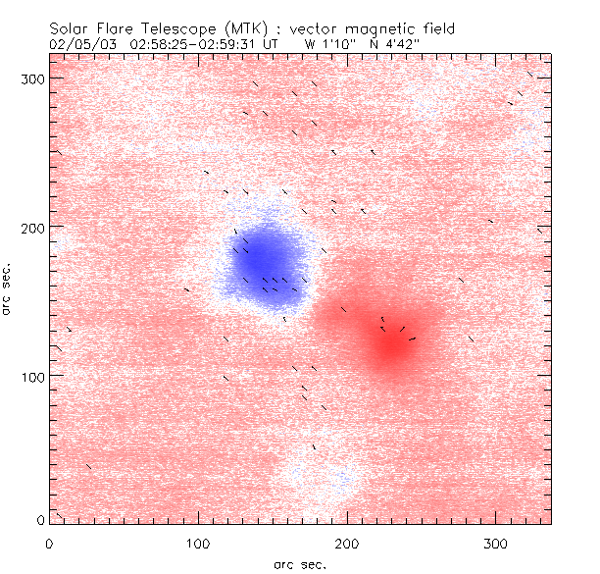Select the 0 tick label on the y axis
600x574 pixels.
40,519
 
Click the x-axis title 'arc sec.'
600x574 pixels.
299,564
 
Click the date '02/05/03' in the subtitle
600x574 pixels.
81,44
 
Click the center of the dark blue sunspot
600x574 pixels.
263,260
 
